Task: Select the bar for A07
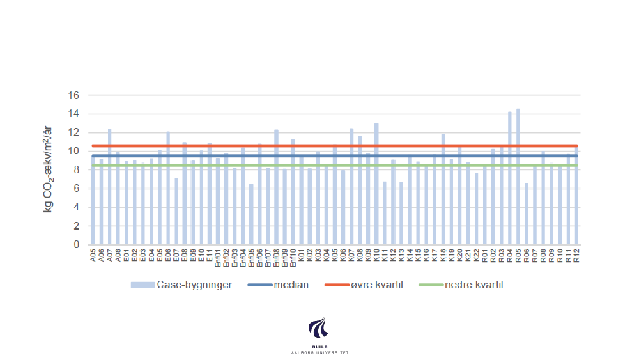click(x=110, y=192)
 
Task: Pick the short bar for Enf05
click(x=251, y=217)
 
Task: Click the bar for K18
click(x=443, y=192)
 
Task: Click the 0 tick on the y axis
click(x=76, y=245)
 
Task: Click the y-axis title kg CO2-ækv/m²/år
click(x=49, y=170)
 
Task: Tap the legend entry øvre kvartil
click(x=376, y=285)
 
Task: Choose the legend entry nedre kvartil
click(x=473, y=285)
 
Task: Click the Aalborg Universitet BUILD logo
click(x=319, y=335)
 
